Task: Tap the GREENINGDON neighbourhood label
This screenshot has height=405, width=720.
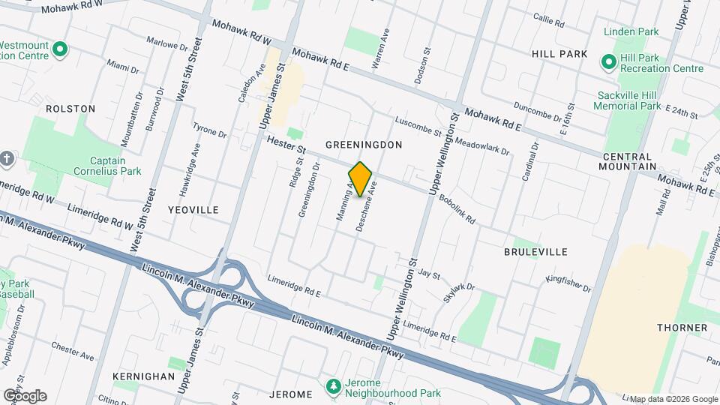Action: coord(364,144)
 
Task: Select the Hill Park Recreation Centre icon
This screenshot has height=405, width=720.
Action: coord(608,61)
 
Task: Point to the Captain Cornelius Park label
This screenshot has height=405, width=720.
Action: coord(115,166)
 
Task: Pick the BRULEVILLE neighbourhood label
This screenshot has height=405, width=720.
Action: coord(535,251)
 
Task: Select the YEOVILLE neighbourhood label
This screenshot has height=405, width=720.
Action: coord(193,210)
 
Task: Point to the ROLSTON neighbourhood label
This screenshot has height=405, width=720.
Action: coord(70,109)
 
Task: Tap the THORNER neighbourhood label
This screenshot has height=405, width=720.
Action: coord(682,328)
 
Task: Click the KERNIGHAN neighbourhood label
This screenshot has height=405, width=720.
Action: coord(143,376)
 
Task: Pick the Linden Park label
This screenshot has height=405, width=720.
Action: coord(633,32)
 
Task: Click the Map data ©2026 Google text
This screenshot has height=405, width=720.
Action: coord(673,399)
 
